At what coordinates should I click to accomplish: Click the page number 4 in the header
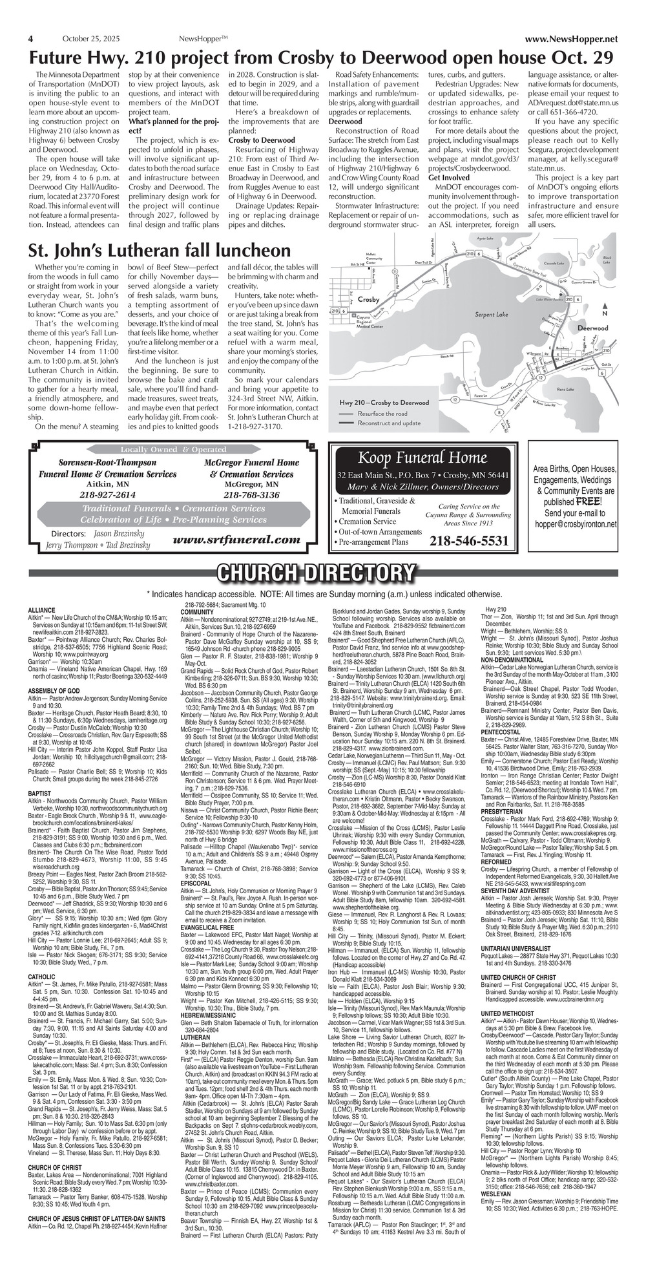(x=31, y=38)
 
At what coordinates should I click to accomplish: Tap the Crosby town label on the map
(x=368, y=300)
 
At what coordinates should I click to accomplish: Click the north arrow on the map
(x=605, y=308)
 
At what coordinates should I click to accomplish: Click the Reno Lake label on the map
(x=565, y=388)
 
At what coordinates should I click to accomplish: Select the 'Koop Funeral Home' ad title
(x=422, y=458)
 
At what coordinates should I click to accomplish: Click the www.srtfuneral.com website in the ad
(x=237, y=540)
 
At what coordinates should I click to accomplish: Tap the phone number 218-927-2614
(x=107, y=494)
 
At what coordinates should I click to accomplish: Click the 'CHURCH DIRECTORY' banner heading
(x=316, y=573)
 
